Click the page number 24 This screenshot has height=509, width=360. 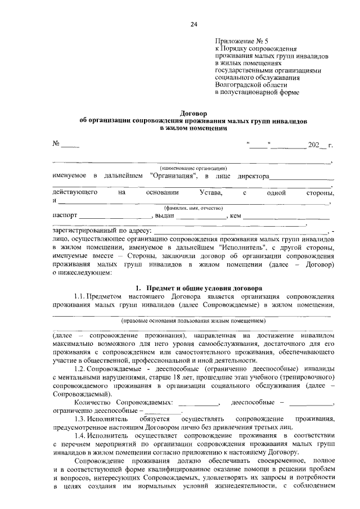tap(193, 24)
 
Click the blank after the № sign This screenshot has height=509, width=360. tap(70, 146)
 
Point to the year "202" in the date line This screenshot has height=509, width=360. tap(313, 146)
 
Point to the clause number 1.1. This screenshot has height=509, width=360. tap(80, 296)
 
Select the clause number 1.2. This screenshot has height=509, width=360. tap(80, 369)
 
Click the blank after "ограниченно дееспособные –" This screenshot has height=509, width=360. tap(163, 412)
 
